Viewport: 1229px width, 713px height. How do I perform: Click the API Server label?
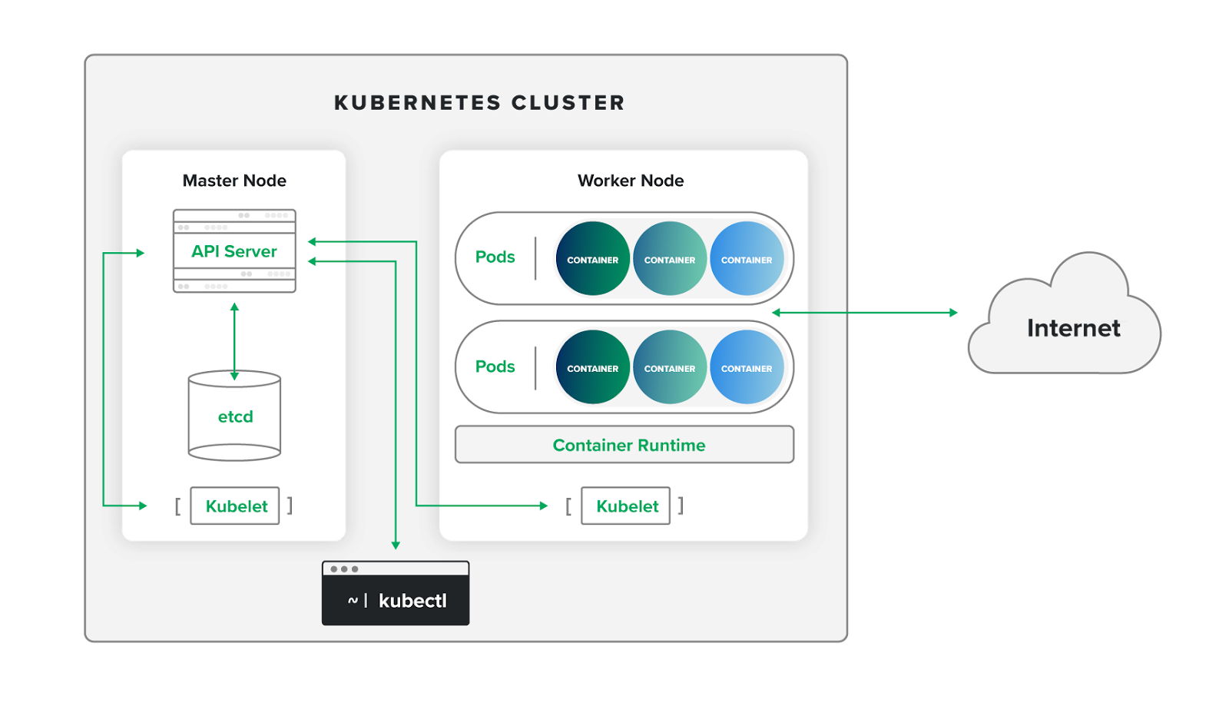(234, 251)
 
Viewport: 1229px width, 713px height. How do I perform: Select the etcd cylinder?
(234, 416)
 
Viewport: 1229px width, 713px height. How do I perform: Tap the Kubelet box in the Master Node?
(235, 506)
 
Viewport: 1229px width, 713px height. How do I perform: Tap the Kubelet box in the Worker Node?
(626, 506)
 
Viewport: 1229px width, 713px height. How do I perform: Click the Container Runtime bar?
(624, 445)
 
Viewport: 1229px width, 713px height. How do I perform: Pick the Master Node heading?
(234, 181)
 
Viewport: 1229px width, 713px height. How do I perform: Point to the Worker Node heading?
(631, 181)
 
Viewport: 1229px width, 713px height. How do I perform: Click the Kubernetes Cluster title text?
(479, 103)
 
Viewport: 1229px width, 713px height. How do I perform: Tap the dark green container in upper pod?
(592, 259)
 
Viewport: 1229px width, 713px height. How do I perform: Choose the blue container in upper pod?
(747, 259)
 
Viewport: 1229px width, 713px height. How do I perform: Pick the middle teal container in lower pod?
(670, 367)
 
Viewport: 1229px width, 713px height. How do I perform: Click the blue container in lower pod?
(747, 367)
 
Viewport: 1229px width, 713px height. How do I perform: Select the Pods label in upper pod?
(495, 257)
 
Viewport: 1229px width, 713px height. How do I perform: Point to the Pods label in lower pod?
(495, 366)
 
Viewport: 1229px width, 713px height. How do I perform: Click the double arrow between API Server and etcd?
(234, 341)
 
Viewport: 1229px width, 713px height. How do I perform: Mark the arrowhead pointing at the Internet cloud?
(953, 313)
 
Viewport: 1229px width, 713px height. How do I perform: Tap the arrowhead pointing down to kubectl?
(396, 545)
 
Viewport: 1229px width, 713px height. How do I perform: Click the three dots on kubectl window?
(344, 569)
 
